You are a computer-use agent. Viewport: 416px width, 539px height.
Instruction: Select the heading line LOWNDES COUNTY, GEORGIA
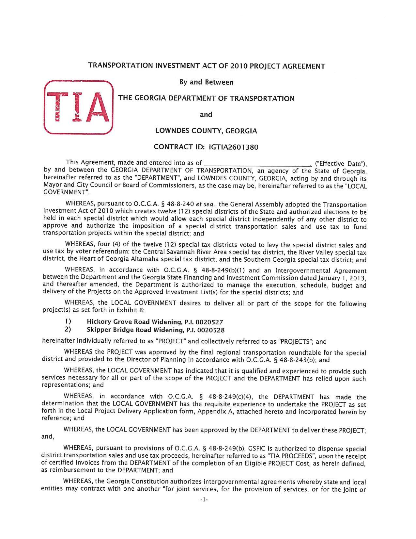pyautogui.click(x=206, y=131)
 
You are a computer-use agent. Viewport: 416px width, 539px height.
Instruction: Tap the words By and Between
pyautogui.click(x=206, y=82)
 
